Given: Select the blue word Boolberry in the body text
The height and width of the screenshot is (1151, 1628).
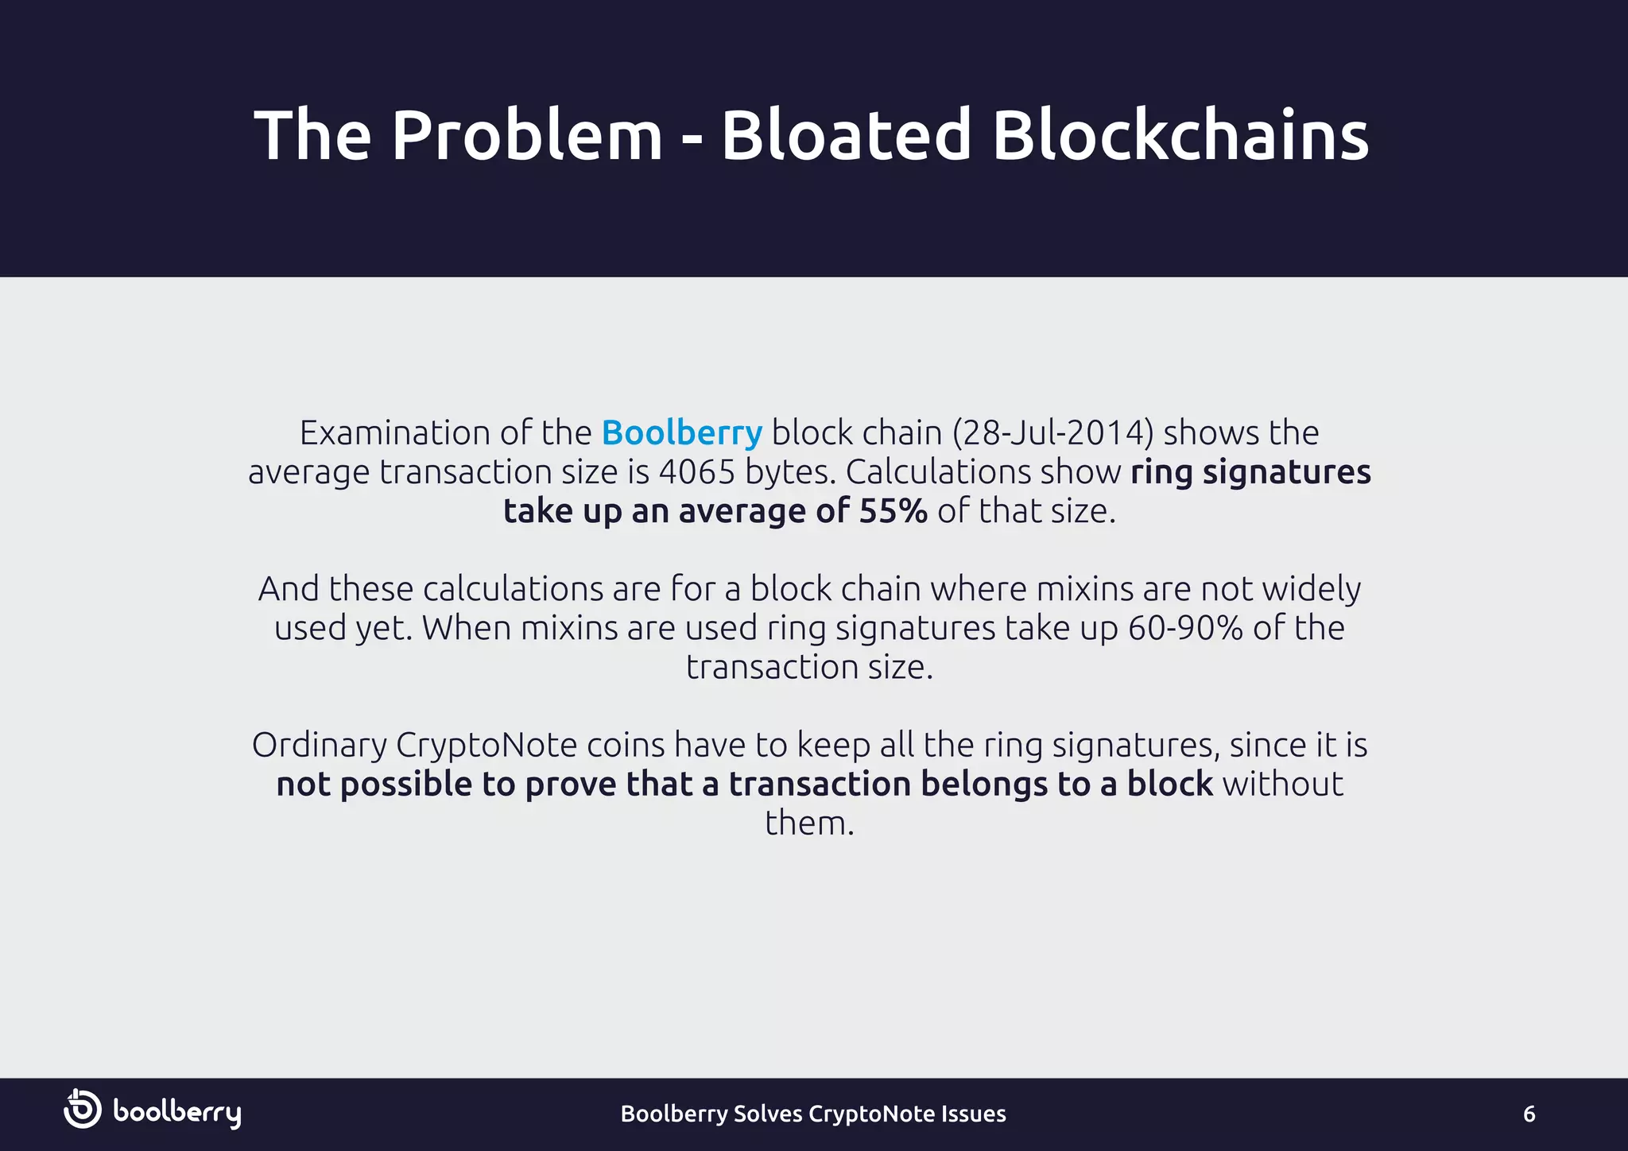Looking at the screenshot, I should click(x=681, y=433).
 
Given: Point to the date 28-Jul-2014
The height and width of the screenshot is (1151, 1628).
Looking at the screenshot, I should click(x=1052, y=433).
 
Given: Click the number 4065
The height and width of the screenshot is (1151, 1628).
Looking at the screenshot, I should click(x=697, y=472).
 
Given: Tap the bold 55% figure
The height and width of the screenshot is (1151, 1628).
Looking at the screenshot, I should click(x=893, y=511).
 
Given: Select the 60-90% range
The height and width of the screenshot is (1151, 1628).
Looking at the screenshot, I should click(x=1185, y=628).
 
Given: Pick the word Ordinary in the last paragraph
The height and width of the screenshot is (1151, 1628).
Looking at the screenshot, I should click(x=320, y=746).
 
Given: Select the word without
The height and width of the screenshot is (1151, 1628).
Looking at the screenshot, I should click(x=1282, y=785).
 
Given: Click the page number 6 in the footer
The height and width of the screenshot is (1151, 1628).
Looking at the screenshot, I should click(x=1529, y=1114).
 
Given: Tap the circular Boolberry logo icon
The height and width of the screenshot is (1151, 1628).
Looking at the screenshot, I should click(x=83, y=1109).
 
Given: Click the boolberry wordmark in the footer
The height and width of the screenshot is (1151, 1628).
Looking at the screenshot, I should click(x=176, y=1113).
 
